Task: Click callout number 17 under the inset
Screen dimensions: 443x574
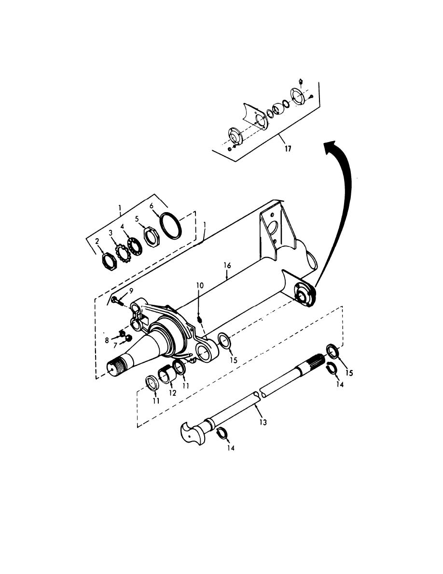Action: click(288, 149)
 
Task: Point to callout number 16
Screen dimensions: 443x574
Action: click(227, 265)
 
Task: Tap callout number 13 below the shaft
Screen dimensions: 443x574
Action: click(263, 422)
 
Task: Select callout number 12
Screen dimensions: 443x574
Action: click(173, 393)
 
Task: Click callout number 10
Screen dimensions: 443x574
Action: click(200, 285)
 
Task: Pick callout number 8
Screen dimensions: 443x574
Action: click(107, 341)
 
